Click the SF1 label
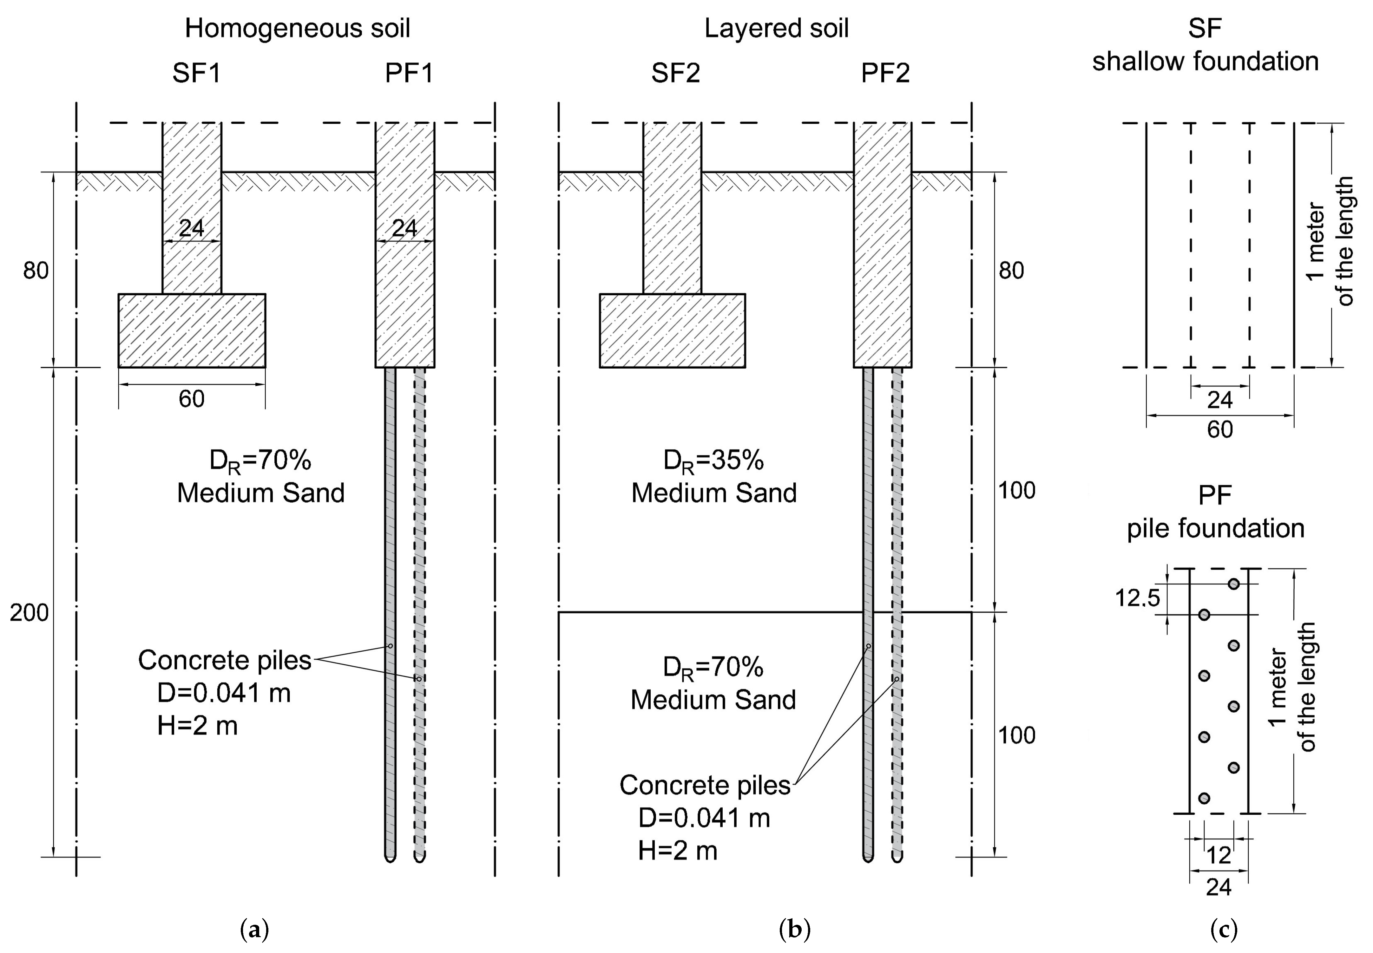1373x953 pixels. [196, 73]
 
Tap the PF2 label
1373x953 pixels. [885, 73]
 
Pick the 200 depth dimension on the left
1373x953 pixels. [29, 613]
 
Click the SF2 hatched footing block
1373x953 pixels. [673, 330]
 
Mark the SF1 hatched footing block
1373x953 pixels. [192, 330]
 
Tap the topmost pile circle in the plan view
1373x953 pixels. [1233, 584]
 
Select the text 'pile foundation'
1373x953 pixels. [1215, 528]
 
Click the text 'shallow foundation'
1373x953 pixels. [1205, 62]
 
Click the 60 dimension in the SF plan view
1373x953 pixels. [1219, 429]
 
